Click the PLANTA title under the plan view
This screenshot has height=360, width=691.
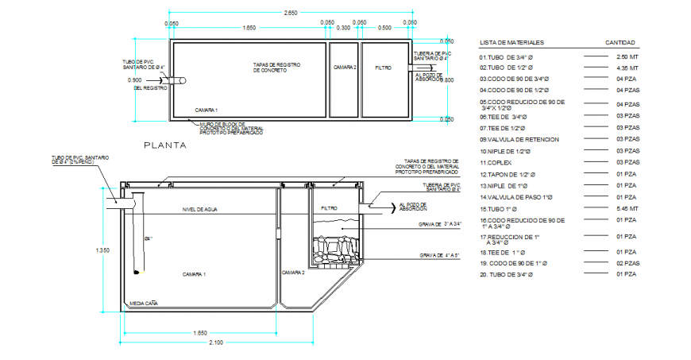click(x=164, y=145)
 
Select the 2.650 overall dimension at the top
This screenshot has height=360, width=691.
click(x=291, y=12)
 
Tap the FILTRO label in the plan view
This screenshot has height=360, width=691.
click(x=384, y=68)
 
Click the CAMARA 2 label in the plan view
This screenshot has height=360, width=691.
click(x=345, y=68)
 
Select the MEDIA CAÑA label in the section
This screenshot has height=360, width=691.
click(x=142, y=303)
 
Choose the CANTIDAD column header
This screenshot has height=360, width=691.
click(x=620, y=43)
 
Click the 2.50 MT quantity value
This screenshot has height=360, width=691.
click(x=627, y=58)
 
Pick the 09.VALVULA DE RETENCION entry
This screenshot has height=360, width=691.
click(x=519, y=139)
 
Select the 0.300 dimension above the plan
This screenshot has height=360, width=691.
click(x=343, y=28)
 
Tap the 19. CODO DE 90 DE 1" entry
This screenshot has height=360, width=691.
click(x=513, y=262)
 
